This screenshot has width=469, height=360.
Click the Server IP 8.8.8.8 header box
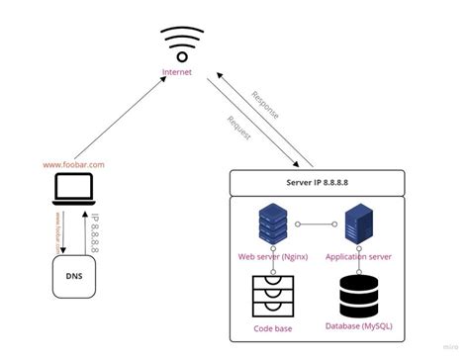point(317,182)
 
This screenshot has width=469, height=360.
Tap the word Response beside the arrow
point(264,103)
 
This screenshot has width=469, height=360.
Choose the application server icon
point(357,225)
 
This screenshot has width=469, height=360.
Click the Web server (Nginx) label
point(273,256)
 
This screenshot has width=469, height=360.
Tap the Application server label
point(359,256)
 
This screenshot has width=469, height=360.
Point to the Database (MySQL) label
point(359,324)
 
